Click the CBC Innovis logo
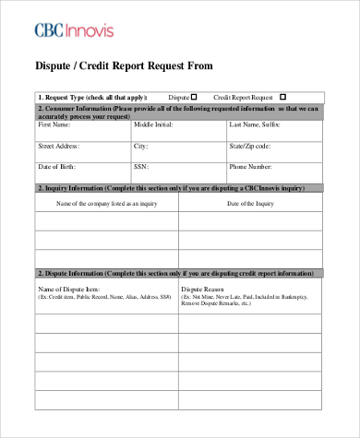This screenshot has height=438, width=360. click(74, 30)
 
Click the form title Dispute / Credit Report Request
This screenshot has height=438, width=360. click(123, 65)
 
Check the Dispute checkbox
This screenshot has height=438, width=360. click(195, 96)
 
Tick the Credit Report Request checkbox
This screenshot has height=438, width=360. click(282, 96)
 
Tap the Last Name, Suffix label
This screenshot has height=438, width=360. click(256, 124)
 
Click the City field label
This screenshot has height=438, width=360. click(141, 146)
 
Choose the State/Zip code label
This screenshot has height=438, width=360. click(250, 146)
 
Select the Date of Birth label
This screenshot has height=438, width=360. click(56, 167)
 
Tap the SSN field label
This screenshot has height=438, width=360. click(141, 167)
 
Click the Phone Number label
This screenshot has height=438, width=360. click(250, 167)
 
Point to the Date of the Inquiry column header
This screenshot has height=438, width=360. click(250, 203)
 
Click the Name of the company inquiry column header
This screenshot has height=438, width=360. click(106, 203)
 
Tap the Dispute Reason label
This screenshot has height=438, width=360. click(203, 290)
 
